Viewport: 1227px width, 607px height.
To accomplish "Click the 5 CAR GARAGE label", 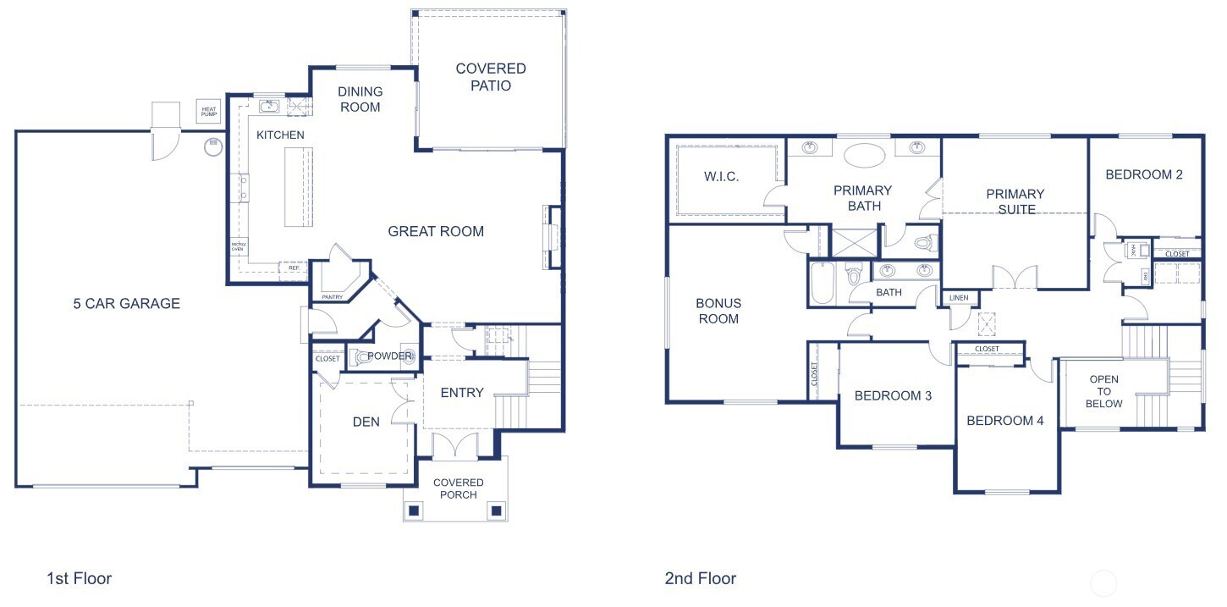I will tap(126, 304).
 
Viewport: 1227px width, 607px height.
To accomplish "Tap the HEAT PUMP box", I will tap(209, 110).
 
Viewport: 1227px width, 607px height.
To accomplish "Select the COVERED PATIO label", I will tap(490, 77).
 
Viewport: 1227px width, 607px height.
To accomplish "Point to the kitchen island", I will tap(298, 187).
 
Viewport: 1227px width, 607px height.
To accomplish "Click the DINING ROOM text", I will tap(360, 99).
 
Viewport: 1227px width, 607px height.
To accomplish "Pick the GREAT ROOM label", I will tap(436, 231).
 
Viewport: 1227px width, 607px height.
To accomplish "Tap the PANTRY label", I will tap(332, 297).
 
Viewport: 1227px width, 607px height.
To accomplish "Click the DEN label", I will tap(366, 421).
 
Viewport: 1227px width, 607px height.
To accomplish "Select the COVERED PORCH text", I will tap(458, 488).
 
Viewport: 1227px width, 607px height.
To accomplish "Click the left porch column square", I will tap(415, 510).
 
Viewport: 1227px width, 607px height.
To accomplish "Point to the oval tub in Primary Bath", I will tap(863, 157).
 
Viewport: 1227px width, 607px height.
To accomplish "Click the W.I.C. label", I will tap(722, 177).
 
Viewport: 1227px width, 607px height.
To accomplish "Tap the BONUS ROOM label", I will tap(718, 311).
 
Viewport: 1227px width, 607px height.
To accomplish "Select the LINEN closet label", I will tap(959, 298).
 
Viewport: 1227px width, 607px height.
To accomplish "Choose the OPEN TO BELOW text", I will tap(1104, 391).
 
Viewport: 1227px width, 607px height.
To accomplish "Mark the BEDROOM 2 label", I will tap(1144, 174).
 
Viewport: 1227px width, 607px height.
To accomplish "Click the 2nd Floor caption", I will tap(700, 579).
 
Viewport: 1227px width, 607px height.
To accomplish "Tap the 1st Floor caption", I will tap(79, 579).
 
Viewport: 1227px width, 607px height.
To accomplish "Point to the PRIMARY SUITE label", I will tap(1015, 201).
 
